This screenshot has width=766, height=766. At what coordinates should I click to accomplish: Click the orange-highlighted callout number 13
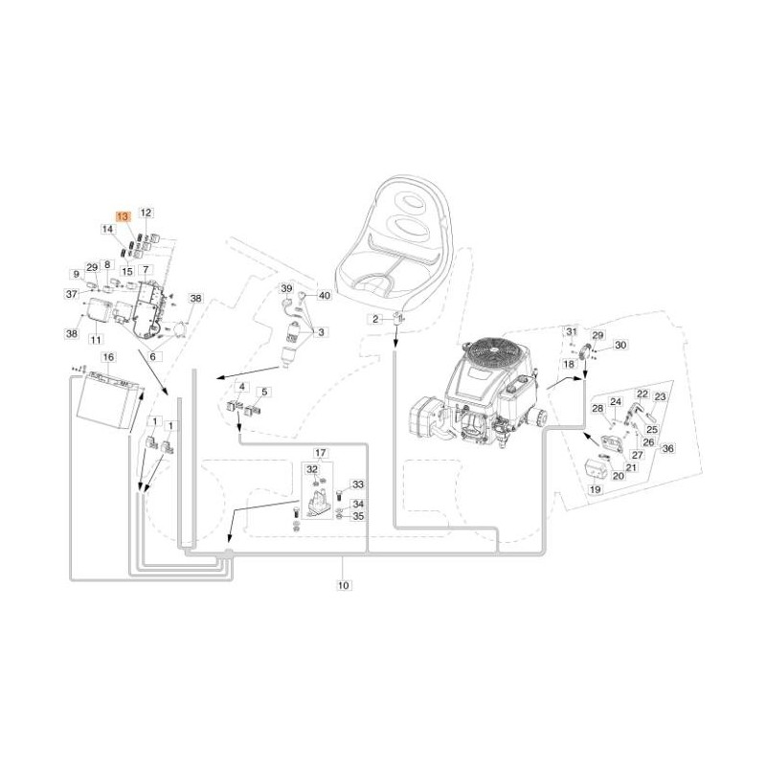[122, 217]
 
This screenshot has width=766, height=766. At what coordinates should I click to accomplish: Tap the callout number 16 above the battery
[107, 357]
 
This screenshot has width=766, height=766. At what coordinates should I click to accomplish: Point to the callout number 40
[324, 296]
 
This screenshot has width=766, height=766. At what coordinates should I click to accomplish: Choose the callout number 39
[285, 288]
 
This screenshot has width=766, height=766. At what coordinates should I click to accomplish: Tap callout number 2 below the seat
[376, 318]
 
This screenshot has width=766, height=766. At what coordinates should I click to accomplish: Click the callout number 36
[668, 448]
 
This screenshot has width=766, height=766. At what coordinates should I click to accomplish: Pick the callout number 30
[620, 345]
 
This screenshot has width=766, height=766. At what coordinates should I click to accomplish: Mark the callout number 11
[96, 340]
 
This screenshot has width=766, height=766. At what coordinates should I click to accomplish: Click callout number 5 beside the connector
[265, 392]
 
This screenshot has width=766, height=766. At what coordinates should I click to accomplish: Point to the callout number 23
[660, 396]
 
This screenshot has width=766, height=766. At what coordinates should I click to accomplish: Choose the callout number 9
[76, 274]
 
